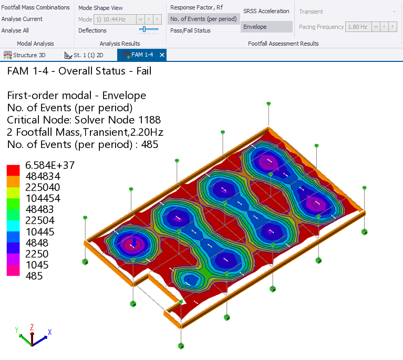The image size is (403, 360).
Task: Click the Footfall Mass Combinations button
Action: point(35,7)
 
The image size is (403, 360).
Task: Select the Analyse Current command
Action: point(22,19)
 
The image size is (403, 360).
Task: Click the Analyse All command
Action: point(15,30)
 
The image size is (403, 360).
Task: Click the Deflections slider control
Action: point(148,30)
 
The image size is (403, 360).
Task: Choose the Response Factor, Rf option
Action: point(196,7)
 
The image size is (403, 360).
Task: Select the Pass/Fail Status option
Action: point(190,30)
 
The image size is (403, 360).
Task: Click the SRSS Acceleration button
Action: point(266,11)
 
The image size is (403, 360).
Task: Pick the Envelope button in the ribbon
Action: point(266,27)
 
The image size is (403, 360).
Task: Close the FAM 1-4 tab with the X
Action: point(162,55)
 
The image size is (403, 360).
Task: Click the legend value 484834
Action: point(43,176)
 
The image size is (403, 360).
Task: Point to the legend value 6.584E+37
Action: point(50,165)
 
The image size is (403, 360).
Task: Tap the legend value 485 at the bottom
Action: point(34,276)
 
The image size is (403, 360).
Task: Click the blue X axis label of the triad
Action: point(49,332)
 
